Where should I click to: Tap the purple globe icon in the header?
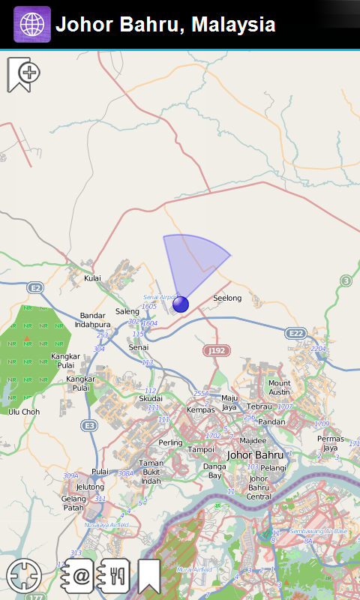[32, 24]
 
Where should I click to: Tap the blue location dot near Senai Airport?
[181, 304]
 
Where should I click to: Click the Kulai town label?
[92, 278]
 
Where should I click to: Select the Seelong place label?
[227, 298]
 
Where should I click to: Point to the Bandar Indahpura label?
[92, 320]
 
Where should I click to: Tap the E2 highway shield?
[34, 287]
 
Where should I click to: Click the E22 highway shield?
[297, 333]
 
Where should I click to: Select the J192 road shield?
[216, 350]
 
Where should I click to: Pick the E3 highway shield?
[89, 425]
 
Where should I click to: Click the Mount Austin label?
[279, 388]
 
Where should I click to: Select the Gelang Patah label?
[73, 503]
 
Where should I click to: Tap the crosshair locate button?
[24, 577]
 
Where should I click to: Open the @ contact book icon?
[78, 577]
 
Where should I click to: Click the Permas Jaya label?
[330, 443]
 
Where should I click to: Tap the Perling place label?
[170, 442]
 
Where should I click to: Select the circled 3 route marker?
[346, 281]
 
